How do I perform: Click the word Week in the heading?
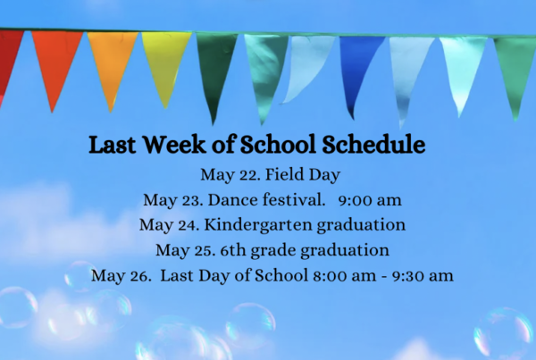coord(174,145)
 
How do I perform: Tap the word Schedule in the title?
coord(373,145)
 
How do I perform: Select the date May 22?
coord(230,175)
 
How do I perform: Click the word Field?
coord(284,174)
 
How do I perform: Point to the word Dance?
coord(232,199)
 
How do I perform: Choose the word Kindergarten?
coord(258,225)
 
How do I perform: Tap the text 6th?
coord(233,250)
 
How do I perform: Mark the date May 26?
coord(121,275)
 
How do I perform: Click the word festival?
coord(294,199)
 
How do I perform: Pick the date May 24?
coord(169,225)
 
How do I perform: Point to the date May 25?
coord(186,250)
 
